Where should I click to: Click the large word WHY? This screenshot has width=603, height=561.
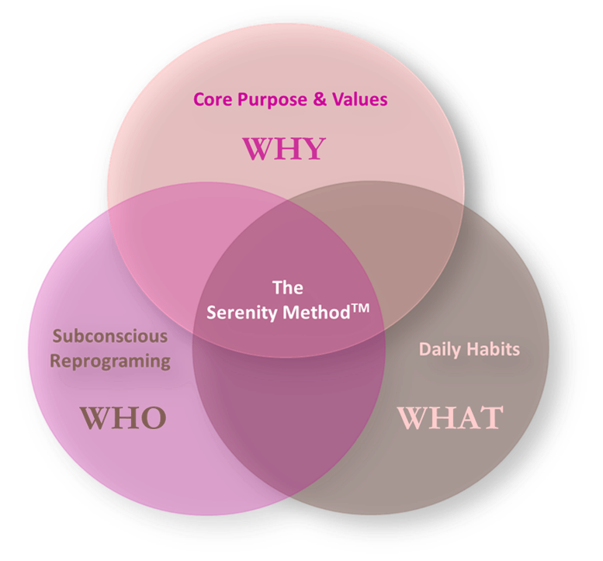point(284,148)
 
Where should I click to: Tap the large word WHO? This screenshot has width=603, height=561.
point(123,418)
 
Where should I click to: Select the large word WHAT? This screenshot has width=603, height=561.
point(450,418)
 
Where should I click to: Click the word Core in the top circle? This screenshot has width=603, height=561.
point(213,99)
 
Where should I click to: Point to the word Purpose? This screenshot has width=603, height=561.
point(272,100)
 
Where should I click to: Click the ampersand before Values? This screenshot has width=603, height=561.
point(320,99)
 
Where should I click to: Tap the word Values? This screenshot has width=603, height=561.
point(359,99)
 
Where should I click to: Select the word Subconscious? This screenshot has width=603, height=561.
point(110,336)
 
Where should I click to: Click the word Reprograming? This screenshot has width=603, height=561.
point(110,362)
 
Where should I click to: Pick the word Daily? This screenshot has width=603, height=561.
point(439,350)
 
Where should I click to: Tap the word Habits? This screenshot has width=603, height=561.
point(493,349)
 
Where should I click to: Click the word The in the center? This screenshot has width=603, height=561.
point(288,288)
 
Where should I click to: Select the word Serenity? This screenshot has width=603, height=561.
point(242,313)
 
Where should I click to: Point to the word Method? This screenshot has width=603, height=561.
point(316,312)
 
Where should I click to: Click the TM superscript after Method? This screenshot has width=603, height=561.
point(360,308)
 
